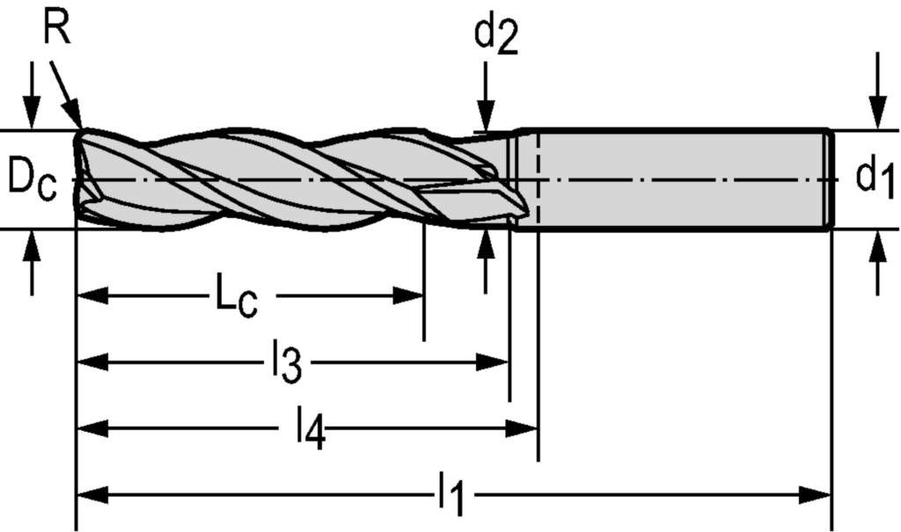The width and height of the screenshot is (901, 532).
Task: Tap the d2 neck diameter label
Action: click(x=496, y=36)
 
